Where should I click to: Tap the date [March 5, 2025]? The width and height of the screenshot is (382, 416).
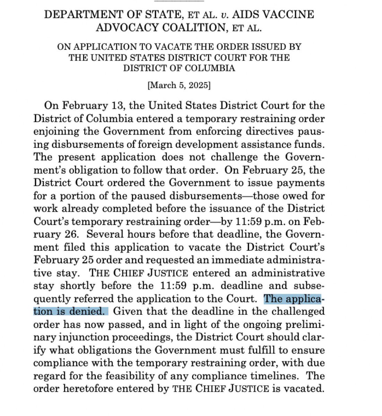179,86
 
